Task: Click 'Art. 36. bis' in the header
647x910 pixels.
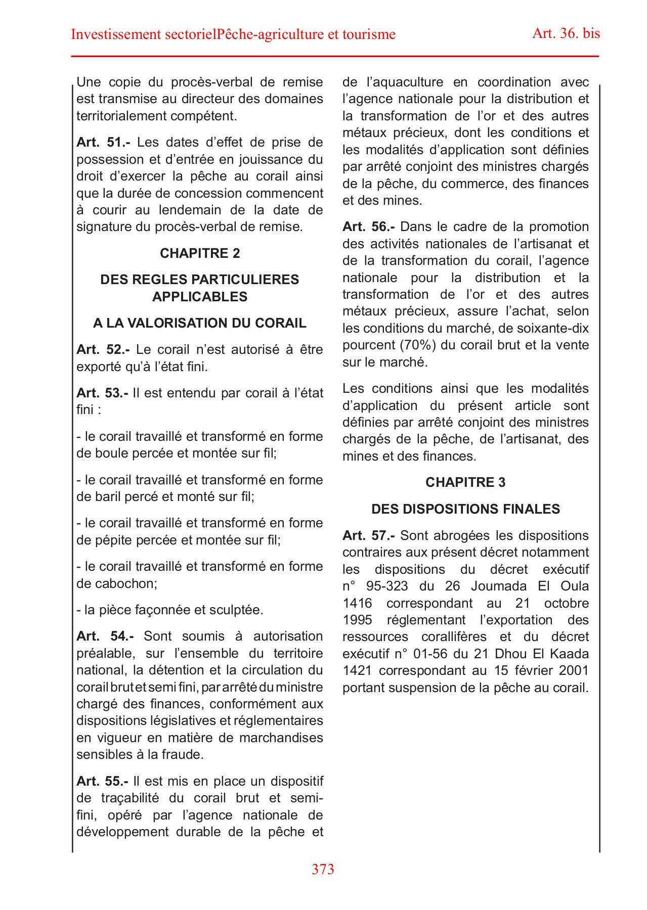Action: point(566,33)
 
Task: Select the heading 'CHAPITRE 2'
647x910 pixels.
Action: point(200,253)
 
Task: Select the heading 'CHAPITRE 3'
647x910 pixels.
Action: point(465,482)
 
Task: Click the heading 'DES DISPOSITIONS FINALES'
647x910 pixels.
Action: point(465,509)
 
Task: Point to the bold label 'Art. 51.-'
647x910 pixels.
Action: point(103,143)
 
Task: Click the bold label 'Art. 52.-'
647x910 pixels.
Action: point(103,350)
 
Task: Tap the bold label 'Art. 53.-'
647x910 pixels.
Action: point(102,393)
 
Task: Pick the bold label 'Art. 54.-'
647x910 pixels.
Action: point(105,636)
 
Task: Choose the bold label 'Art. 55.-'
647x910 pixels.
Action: point(102,781)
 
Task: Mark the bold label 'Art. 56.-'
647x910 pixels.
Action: point(368,227)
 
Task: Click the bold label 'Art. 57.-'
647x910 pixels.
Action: point(368,536)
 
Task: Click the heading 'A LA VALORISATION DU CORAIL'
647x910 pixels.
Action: point(200,324)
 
